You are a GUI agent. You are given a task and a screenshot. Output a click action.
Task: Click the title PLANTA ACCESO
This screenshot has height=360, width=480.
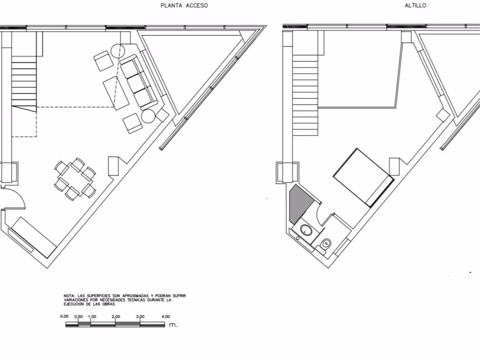184,5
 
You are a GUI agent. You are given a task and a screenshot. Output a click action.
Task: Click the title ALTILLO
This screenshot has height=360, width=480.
416,5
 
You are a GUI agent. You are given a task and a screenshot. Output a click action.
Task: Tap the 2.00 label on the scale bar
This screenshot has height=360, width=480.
116,316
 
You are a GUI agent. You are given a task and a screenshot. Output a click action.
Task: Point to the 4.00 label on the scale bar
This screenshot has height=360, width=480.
166,316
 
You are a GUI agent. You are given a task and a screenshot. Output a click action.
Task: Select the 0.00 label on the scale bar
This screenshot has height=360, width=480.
64,316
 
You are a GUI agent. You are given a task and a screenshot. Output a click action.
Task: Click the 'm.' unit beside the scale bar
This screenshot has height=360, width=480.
173,325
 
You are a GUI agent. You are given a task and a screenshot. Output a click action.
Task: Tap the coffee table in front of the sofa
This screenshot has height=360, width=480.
116,93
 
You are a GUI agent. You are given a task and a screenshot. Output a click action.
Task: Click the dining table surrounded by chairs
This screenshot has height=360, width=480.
75,179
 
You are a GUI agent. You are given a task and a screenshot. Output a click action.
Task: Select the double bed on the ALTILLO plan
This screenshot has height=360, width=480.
363,177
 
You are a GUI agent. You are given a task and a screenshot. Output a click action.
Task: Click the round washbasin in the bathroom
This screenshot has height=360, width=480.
306,230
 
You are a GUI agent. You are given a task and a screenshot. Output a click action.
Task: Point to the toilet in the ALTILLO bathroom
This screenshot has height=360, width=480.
326,244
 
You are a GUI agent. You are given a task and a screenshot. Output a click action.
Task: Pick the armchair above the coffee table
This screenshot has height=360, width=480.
103,61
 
